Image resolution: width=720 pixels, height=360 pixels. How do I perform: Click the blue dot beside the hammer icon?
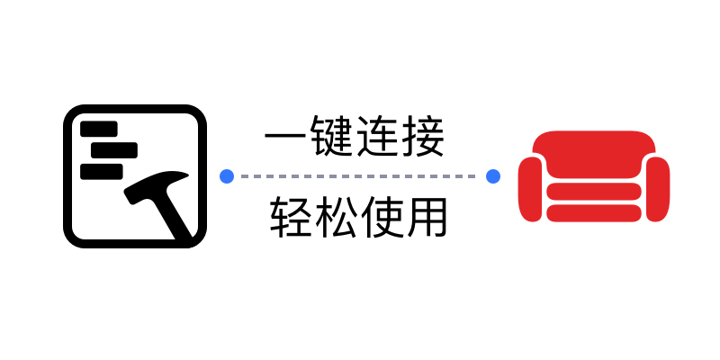pos(227,176)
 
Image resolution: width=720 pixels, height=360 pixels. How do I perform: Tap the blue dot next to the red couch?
pos(493,176)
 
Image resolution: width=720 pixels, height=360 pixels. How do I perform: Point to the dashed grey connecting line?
pos(360,176)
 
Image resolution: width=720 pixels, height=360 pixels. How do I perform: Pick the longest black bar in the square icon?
pos(109,149)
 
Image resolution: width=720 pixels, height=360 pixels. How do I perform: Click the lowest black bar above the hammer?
pos(102,169)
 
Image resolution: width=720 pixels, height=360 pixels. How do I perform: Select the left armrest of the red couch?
pos(531,188)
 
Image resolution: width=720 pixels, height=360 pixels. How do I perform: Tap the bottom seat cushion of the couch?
pos(594,213)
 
